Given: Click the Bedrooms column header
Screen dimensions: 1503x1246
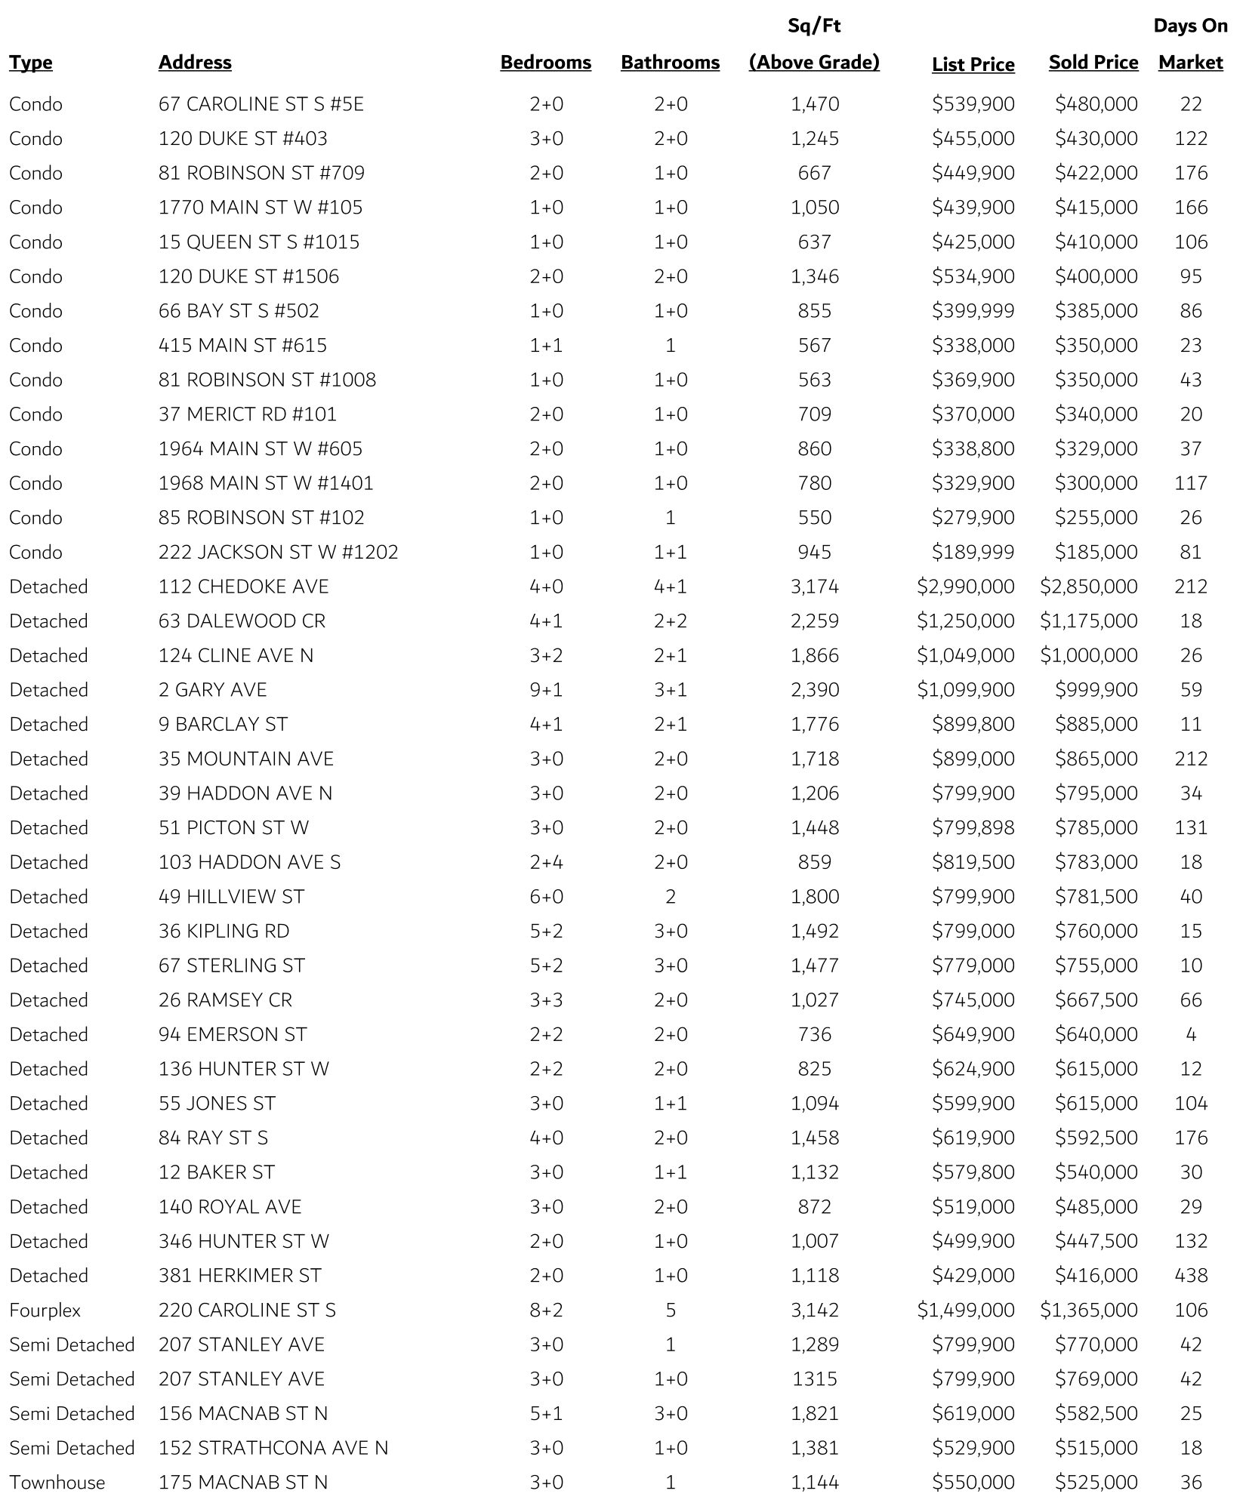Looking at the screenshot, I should (x=545, y=63).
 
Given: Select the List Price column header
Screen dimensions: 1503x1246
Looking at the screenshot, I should (x=973, y=65).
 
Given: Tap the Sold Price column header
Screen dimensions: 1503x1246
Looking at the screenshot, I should (x=1093, y=63).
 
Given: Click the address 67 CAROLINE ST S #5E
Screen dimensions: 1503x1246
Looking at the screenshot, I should (x=261, y=104).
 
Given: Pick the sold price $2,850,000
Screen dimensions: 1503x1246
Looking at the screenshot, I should (x=1088, y=587).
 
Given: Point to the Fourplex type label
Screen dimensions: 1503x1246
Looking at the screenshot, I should (x=45, y=1310).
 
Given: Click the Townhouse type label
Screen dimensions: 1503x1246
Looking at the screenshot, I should (x=57, y=1482).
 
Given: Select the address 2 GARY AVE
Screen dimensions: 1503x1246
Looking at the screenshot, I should (x=212, y=690).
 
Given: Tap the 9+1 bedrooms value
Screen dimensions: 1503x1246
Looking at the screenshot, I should (x=546, y=690).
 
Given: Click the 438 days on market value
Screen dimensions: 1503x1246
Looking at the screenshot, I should (x=1191, y=1275).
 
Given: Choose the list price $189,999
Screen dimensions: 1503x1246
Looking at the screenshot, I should (x=973, y=552).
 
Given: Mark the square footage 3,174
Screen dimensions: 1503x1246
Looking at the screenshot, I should (x=814, y=587).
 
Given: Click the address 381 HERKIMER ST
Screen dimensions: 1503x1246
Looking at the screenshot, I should (x=239, y=1275).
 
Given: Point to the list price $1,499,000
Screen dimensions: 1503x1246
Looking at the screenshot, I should (x=966, y=1310).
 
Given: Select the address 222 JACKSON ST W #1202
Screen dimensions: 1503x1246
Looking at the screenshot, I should (x=278, y=552).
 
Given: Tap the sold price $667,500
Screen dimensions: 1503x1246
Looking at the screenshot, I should (x=1096, y=999).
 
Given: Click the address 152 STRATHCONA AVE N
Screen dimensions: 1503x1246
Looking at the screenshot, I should (x=273, y=1448).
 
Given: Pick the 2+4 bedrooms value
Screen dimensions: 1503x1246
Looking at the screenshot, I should (x=546, y=862).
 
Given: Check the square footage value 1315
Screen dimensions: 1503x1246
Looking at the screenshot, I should (x=814, y=1378).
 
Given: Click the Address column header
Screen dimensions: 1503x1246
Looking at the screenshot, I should (x=195, y=63).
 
